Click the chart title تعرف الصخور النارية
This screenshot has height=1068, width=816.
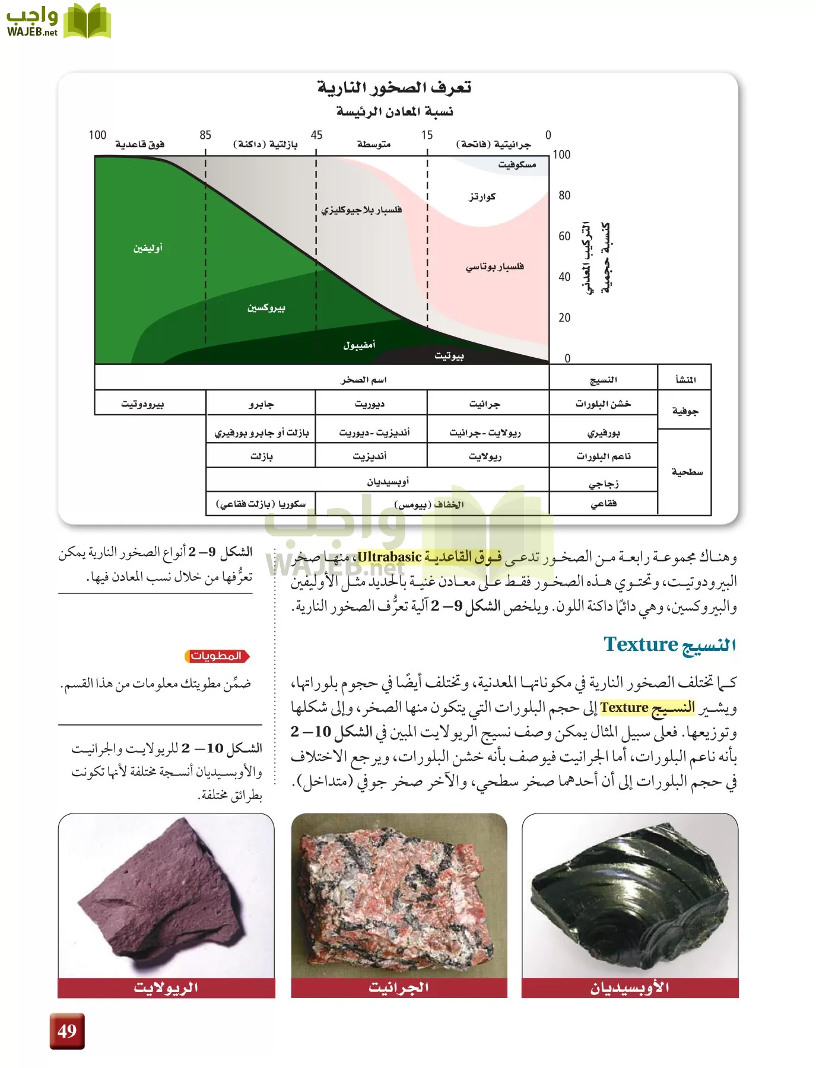click(394, 88)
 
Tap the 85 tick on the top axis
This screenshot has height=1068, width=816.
click(205, 135)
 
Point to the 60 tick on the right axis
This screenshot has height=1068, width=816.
click(564, 236)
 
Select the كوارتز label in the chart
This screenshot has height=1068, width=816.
click(482, 196)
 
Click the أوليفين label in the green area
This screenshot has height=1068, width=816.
click(148, 248)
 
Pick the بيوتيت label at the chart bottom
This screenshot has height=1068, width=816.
click(449, 355)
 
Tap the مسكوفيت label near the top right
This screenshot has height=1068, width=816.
click(517, 164)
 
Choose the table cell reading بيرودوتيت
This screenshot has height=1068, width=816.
click(142, 404)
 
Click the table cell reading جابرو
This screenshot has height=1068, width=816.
click(261, 404)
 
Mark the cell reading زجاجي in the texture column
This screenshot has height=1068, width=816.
click(604, 484)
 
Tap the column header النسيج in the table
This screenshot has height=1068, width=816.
click(604, 380)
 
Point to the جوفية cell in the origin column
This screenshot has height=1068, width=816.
click(685, 411)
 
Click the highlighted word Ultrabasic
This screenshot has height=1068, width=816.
click(389, 557)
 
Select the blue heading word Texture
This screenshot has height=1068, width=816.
click(640, 644)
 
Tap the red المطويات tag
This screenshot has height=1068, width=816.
click(217, 656)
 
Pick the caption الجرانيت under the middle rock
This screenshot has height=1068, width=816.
click(399, 988)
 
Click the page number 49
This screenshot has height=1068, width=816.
click(67, 1031)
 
